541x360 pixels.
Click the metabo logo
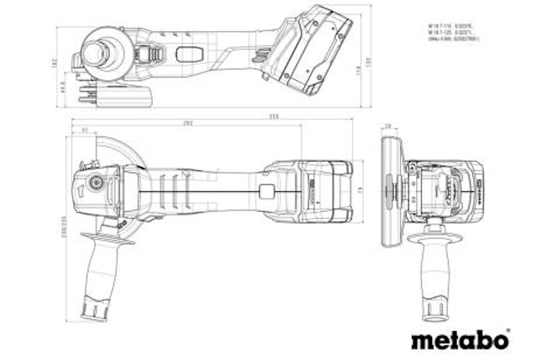[x=460, y=338]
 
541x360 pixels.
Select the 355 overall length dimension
[x=254, y=115]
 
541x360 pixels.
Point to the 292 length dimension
[x=188, y=123]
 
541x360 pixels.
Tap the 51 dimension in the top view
[x=84, y=131]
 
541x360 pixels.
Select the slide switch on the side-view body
[x=189, y=54]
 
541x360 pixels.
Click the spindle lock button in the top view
[x=93, y=183]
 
